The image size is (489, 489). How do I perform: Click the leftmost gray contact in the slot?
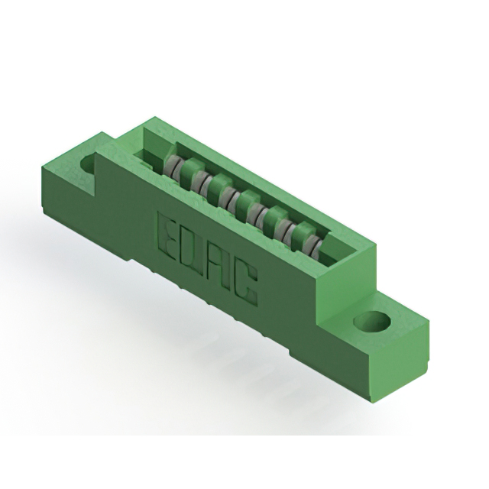[x=175, y=167]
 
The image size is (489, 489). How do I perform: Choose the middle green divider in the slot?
[x=244, y=205]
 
